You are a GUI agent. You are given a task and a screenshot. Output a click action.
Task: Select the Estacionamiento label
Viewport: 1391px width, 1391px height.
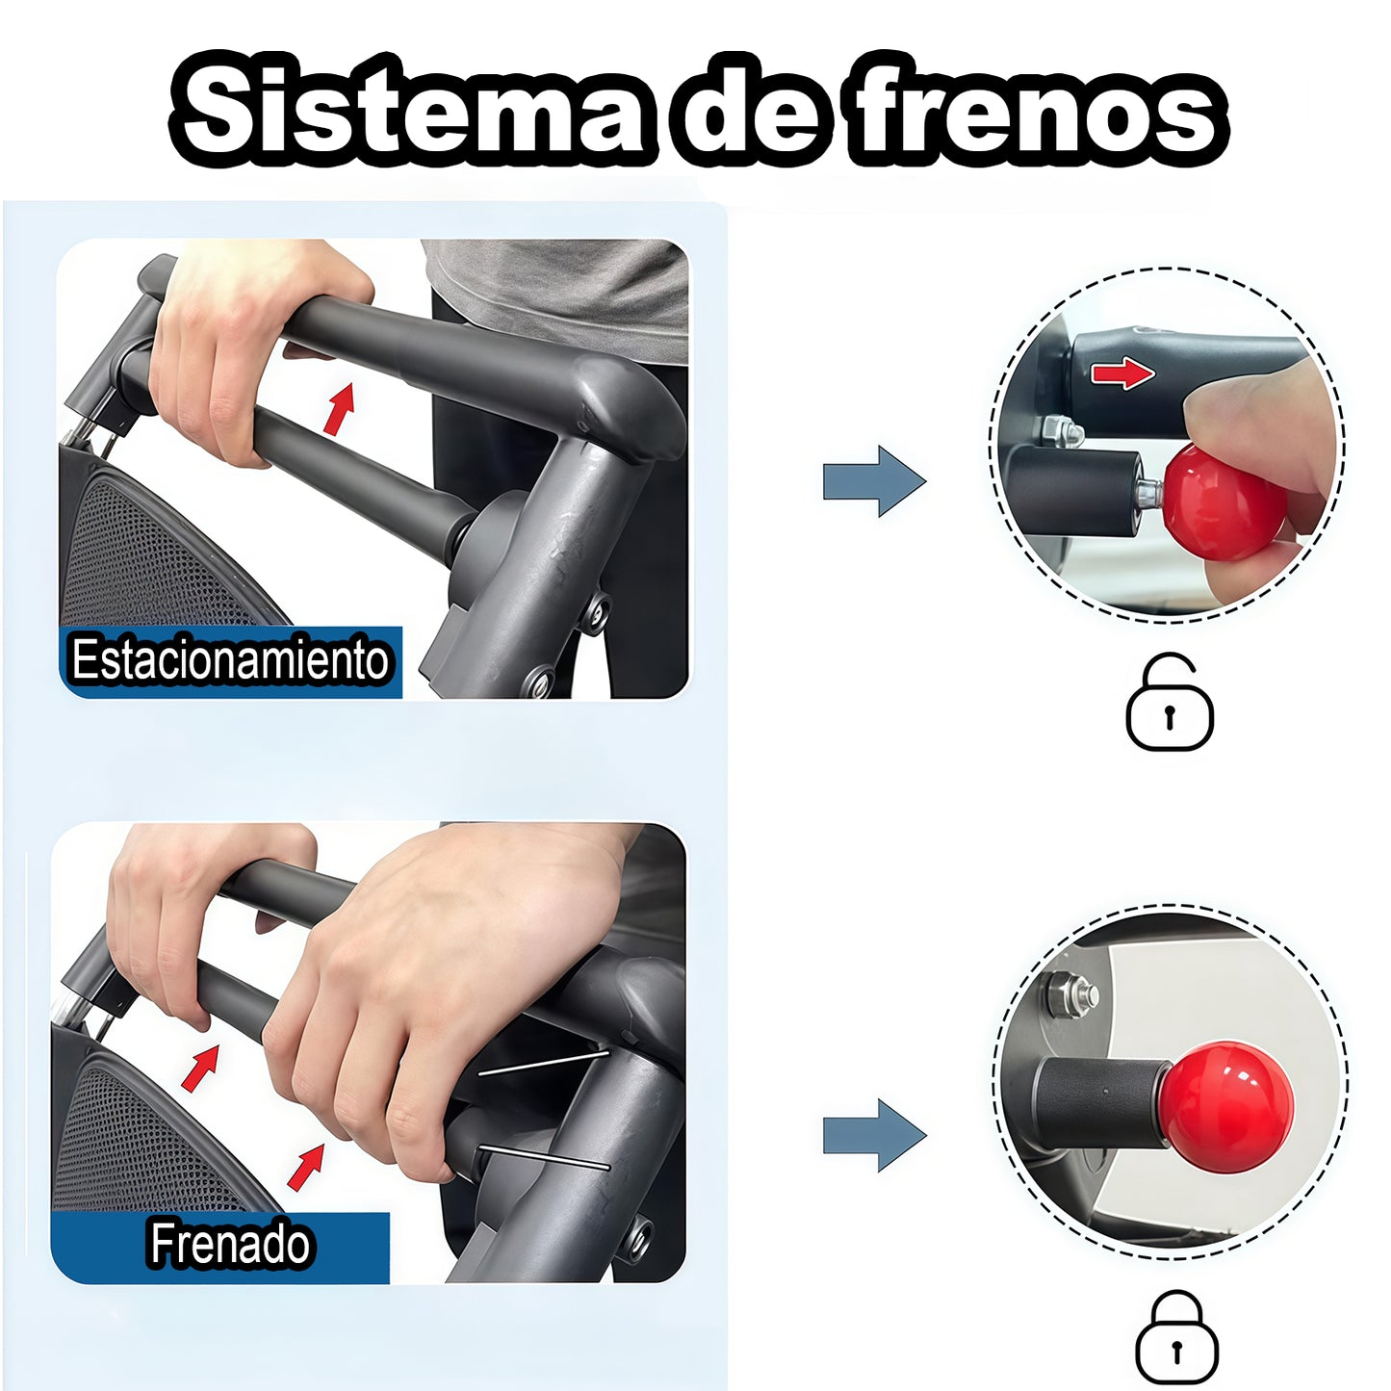pos(229,659)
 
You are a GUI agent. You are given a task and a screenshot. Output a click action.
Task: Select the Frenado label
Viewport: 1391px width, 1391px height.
pos(229,1243)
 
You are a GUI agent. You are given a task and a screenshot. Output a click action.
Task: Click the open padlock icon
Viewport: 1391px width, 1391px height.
pos(1170,702)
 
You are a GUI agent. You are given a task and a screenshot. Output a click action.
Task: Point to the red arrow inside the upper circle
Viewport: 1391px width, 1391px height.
pos(1123,374)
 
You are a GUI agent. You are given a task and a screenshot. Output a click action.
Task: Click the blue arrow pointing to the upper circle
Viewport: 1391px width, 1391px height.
pos(874,480)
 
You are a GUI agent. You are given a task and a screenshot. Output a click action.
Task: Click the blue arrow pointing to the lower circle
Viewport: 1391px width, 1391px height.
pos(874,1135)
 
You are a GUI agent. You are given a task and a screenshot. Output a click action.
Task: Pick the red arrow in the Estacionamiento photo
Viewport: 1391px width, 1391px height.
pos(339,408)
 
